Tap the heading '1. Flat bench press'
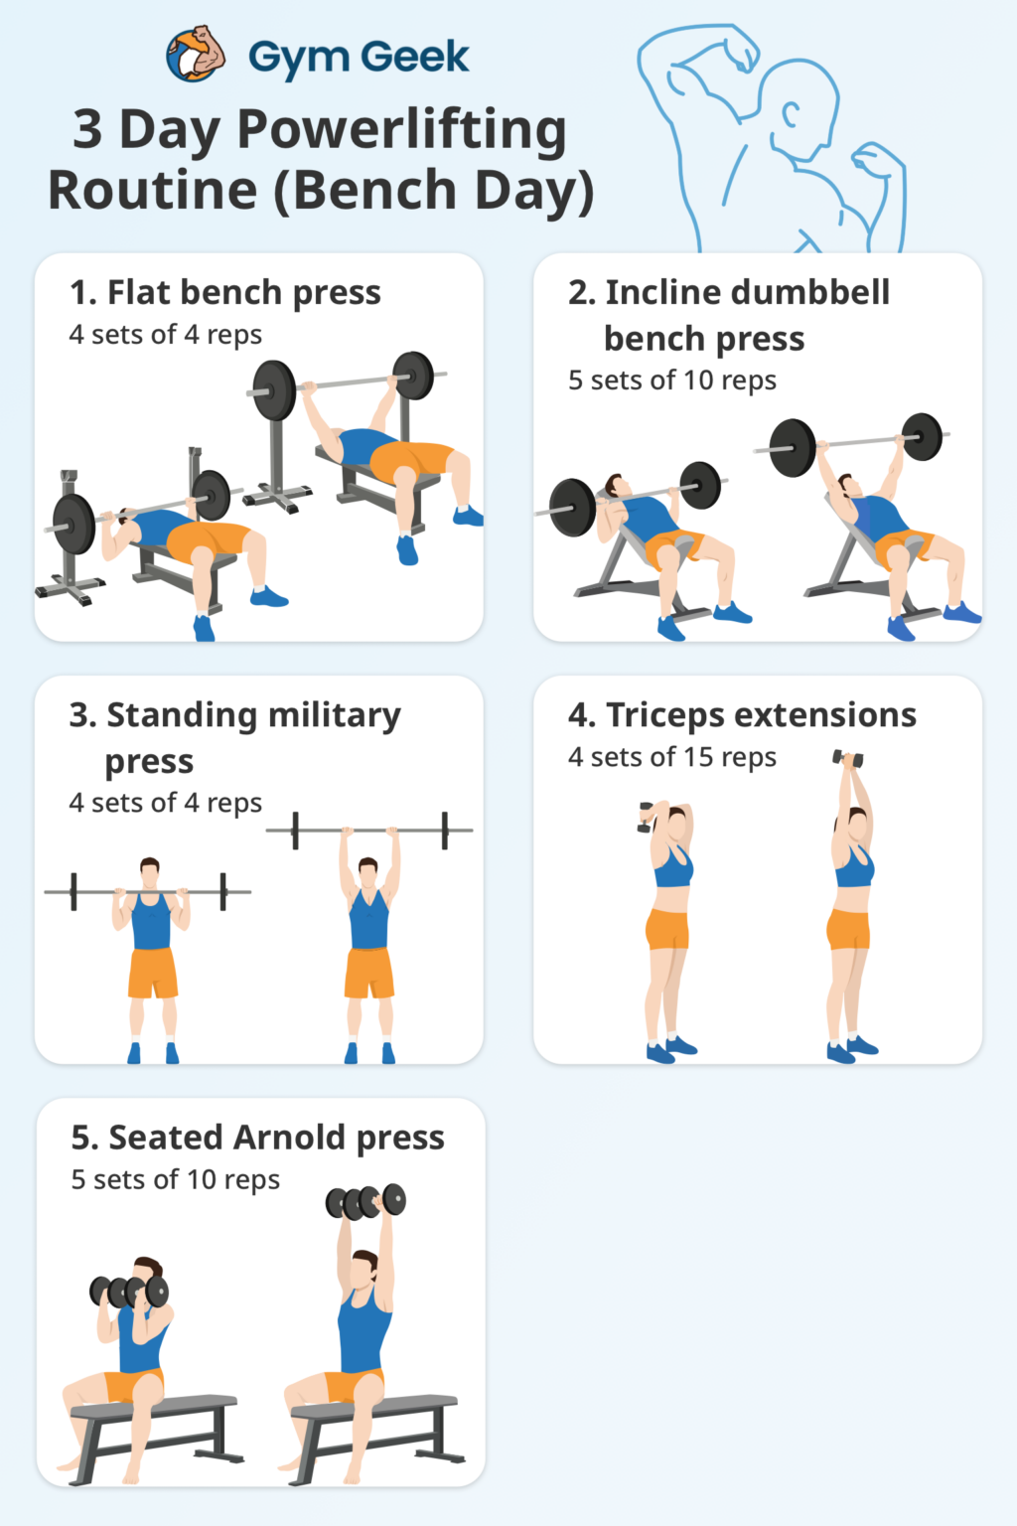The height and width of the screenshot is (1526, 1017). [x=225, y=292]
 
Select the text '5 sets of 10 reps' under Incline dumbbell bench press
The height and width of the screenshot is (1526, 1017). [x=671, y=381]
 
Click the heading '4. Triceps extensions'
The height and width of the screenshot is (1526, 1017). [x=742, y=715]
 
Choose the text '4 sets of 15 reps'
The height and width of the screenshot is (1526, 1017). [x=671, y=757]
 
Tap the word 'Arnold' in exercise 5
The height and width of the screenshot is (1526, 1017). [x=289, y=1138]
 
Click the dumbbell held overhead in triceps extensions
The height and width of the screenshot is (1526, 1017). [x=848, y=759]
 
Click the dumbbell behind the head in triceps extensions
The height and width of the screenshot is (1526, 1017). [x=646, y=816]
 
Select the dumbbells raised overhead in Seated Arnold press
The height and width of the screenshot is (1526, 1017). [x=365, y=1202]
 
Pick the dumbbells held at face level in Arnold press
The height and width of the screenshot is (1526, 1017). [x=129, y=1292]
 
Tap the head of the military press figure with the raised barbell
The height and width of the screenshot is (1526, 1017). [x=368, y=872]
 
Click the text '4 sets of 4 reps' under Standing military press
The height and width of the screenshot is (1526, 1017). [x=166, y=803]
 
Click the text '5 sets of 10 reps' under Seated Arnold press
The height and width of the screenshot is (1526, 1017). [x=176, y=1180]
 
